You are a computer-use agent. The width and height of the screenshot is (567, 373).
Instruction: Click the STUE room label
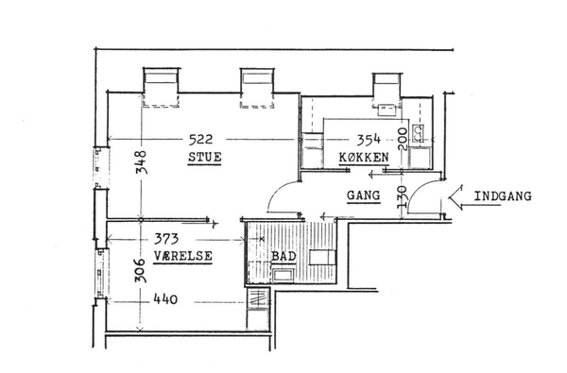point(205,157)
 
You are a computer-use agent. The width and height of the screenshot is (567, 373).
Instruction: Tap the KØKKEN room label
point(364,157)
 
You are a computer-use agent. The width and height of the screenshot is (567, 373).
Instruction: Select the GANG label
point(364,195)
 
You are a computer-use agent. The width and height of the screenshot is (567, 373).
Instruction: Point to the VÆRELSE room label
point(183,256)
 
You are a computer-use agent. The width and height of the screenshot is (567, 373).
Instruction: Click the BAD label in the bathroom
point(283,256)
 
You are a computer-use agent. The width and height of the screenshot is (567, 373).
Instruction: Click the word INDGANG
point(503,196)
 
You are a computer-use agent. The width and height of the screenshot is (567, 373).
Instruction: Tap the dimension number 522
point(201,139)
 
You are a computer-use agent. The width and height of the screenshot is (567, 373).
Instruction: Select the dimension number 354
point(369,140)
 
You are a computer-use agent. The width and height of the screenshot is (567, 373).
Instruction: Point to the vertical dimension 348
point(142,162)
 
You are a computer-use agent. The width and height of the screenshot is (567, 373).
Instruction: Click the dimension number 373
point(166,239)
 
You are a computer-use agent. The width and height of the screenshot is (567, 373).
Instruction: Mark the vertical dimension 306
point(140,270)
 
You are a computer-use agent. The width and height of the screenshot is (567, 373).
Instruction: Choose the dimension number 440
point(165,299)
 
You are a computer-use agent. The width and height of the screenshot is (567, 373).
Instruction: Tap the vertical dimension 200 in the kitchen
point(403,139)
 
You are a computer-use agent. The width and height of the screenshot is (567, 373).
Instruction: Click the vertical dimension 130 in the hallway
point(403,197)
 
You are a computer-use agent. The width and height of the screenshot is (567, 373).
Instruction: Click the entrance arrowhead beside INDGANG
point(455,197)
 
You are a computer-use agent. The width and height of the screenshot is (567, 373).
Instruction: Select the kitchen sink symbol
point(419,133)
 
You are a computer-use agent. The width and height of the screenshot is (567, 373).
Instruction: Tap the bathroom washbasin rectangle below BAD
point(283,275)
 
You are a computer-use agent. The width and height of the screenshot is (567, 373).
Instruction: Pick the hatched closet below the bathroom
point(258,297)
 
